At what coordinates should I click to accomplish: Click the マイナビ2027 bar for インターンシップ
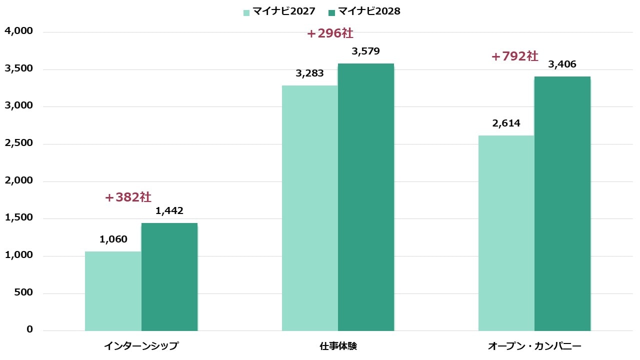pos(113,291)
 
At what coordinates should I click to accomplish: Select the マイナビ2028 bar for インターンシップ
pos(169,277)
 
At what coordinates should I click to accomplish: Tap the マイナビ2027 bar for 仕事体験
pos(310,208)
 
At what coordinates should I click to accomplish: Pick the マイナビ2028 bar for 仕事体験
pos(366,197)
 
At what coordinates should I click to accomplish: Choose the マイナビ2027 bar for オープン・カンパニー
pos(506,233)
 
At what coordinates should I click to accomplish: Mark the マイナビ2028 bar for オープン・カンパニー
pos(562,203)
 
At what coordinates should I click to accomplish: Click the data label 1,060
pos(113,239)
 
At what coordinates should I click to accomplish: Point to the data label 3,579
pos(366,51)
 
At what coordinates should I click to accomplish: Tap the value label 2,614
pos(506,123)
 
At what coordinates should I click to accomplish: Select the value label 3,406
pos(562,64)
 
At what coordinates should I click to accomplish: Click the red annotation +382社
pos(128,197)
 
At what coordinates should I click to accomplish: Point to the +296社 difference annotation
pos(330,33)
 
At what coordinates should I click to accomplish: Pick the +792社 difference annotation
pos(514,56)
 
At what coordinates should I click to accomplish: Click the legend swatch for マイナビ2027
pos(246,12)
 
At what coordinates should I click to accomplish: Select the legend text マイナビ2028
pos(369,11)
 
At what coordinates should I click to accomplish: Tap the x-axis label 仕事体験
pos(338,346)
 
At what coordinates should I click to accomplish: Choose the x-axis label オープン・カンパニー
pos(534,346)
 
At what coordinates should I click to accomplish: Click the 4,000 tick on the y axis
pos(18,31)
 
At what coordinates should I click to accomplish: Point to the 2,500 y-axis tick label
pos(18,143)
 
